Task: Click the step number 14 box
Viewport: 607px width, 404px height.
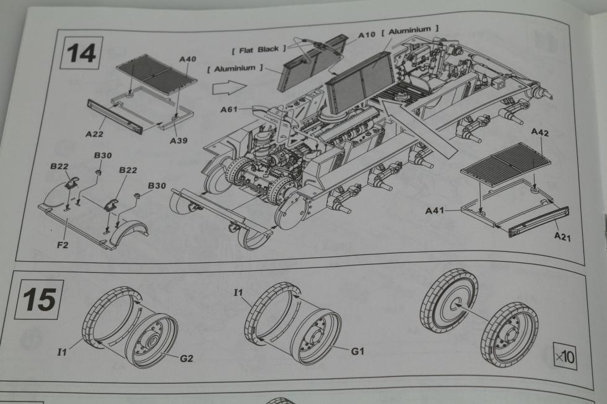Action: [82, 53]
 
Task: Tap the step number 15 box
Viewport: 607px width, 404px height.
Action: [39, 300]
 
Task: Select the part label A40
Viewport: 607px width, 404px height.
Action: [187, 59]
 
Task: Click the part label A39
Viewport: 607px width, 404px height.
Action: [178, 140]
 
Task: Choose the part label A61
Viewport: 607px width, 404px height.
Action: [230, 110]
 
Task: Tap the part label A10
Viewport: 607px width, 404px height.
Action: [367, 36]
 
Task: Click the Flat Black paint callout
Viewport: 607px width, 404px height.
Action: [258, 48]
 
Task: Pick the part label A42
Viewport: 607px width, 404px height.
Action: [540, 133]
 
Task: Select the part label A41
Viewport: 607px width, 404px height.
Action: [435, 211]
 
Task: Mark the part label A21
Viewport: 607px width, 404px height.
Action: [562, 236]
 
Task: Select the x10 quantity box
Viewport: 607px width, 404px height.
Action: [564, 357]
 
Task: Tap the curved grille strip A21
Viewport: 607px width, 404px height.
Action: [538, 222]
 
